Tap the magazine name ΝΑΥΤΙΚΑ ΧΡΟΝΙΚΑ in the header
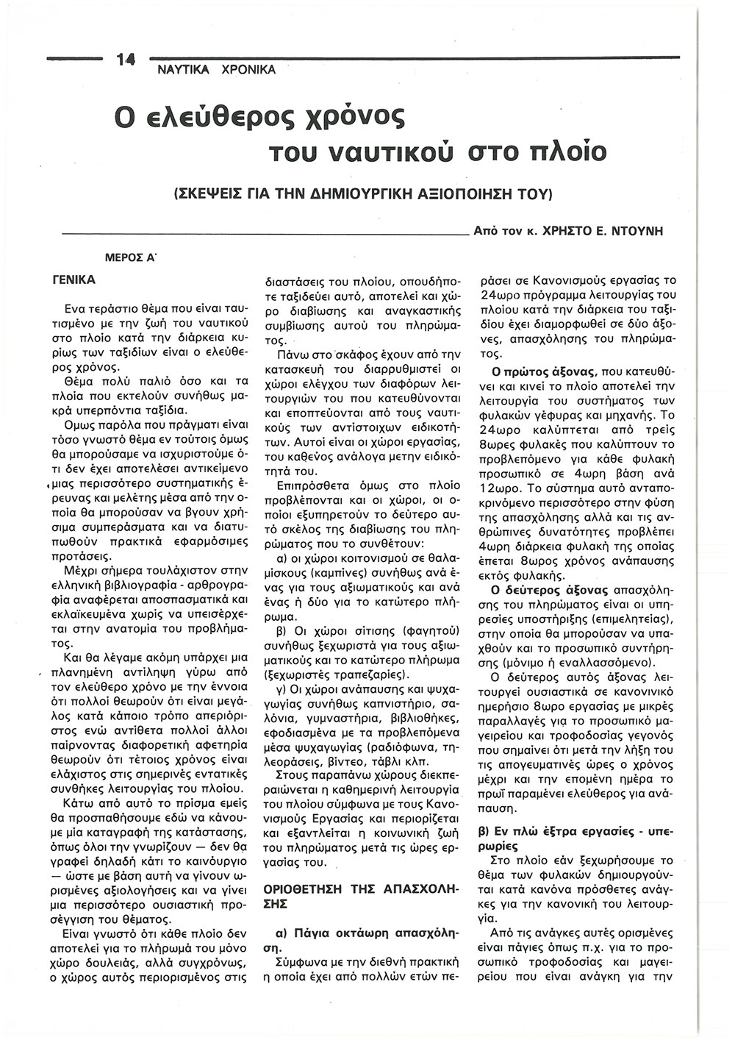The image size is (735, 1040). [x=216, y=71]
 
